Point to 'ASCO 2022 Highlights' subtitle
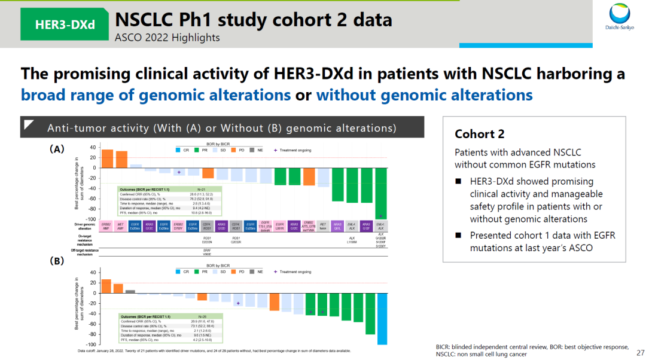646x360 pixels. coord(167,38)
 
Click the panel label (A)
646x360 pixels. coord(57,150)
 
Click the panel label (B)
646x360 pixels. coord(57,261)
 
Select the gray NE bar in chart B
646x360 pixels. coord(130,291)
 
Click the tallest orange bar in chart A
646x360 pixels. coord(107,158)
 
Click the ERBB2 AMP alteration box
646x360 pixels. coord(107,226)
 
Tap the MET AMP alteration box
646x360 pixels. coord(121,226)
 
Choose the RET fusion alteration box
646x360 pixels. coord(323,226)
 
